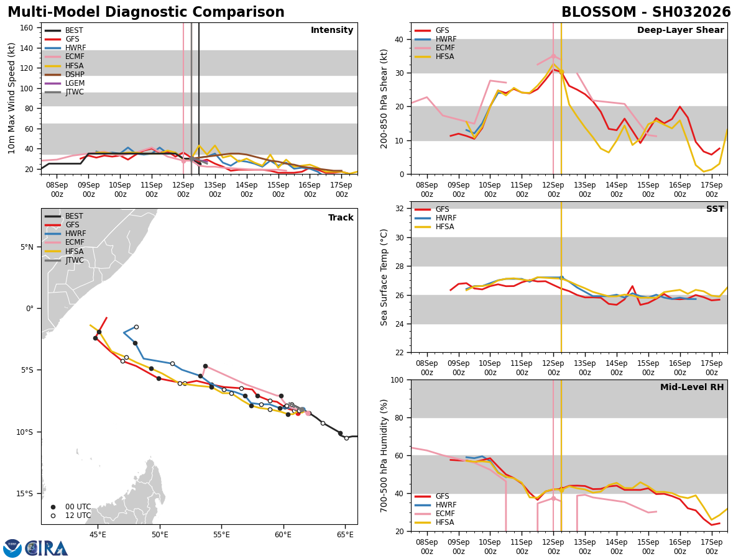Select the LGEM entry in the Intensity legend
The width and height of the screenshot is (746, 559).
(75, 83)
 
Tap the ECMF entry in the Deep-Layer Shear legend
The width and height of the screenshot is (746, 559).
(443, 48)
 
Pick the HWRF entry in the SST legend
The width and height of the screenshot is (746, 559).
(446, 218)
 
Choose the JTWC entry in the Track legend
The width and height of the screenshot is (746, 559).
(75, 260)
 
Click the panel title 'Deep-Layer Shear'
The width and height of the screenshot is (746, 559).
(680, 30)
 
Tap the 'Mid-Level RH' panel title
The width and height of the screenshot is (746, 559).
(692, 388)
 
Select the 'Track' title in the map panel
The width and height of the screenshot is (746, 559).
(341, 218)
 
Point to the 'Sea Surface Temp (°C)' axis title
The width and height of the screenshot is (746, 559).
(384, 277)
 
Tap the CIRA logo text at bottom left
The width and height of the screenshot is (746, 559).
(47, 548)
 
